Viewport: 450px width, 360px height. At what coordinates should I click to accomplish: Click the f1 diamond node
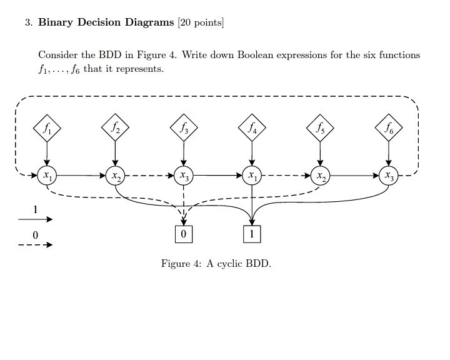point(47,129)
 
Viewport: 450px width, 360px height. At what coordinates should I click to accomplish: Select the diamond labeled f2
point(115,129)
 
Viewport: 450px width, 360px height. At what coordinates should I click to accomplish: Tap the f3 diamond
point(184,129)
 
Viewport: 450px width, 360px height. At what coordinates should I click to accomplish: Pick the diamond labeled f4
point(252,129)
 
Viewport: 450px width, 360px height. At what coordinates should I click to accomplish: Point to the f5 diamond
point(320,129)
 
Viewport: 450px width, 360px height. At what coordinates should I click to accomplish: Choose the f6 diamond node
point(389,129)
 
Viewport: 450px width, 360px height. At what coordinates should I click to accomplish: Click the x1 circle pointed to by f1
point(47,176)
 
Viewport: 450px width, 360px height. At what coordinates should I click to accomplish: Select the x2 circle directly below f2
point(115,176)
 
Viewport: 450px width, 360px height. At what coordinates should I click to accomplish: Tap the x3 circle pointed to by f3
point(184,176)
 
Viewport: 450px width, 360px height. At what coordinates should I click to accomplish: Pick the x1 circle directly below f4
point(252,176)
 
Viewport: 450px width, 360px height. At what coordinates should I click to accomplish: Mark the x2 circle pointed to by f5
point(320,176)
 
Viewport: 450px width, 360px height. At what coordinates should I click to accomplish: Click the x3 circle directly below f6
point(389,176)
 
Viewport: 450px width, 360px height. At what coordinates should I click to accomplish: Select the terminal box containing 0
point(183,234)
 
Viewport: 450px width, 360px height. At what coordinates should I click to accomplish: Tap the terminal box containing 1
point(252,234)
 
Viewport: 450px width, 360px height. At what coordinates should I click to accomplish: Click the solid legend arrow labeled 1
point(36,219)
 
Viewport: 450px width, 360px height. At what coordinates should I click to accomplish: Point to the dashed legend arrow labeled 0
point(36,245)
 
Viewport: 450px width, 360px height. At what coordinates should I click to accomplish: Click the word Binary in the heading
point(57,23)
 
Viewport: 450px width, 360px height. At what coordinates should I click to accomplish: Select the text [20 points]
point(201,23)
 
